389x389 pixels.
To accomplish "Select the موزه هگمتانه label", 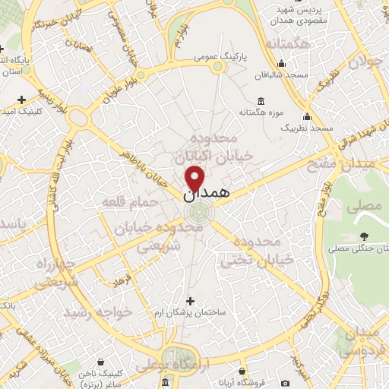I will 261,112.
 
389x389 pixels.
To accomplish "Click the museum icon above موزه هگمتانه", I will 261,101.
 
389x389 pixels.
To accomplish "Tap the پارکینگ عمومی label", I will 217,56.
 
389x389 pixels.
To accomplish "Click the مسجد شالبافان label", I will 285,74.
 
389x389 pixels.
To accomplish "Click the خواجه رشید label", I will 98,312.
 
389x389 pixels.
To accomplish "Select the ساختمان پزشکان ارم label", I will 190,312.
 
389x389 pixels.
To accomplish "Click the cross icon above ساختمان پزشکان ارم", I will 190,301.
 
